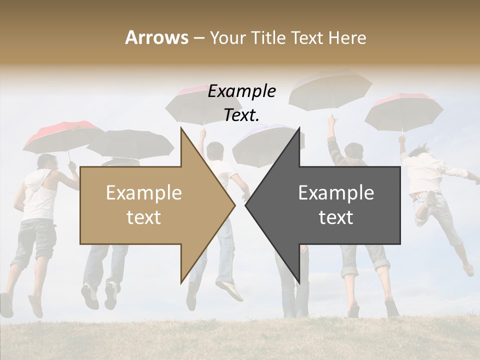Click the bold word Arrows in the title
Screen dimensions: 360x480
(157, 37)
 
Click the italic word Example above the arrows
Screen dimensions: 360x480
(242, 91)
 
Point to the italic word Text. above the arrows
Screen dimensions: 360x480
(242, 115)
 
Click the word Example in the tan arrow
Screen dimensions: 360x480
(144, 193)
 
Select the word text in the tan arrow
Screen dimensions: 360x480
(144, 217)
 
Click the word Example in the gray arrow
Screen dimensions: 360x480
(336, 193)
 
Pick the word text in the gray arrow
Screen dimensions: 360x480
(336, 217)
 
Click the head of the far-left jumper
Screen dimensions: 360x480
(47, 162)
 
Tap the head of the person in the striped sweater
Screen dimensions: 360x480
(354, 152)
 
